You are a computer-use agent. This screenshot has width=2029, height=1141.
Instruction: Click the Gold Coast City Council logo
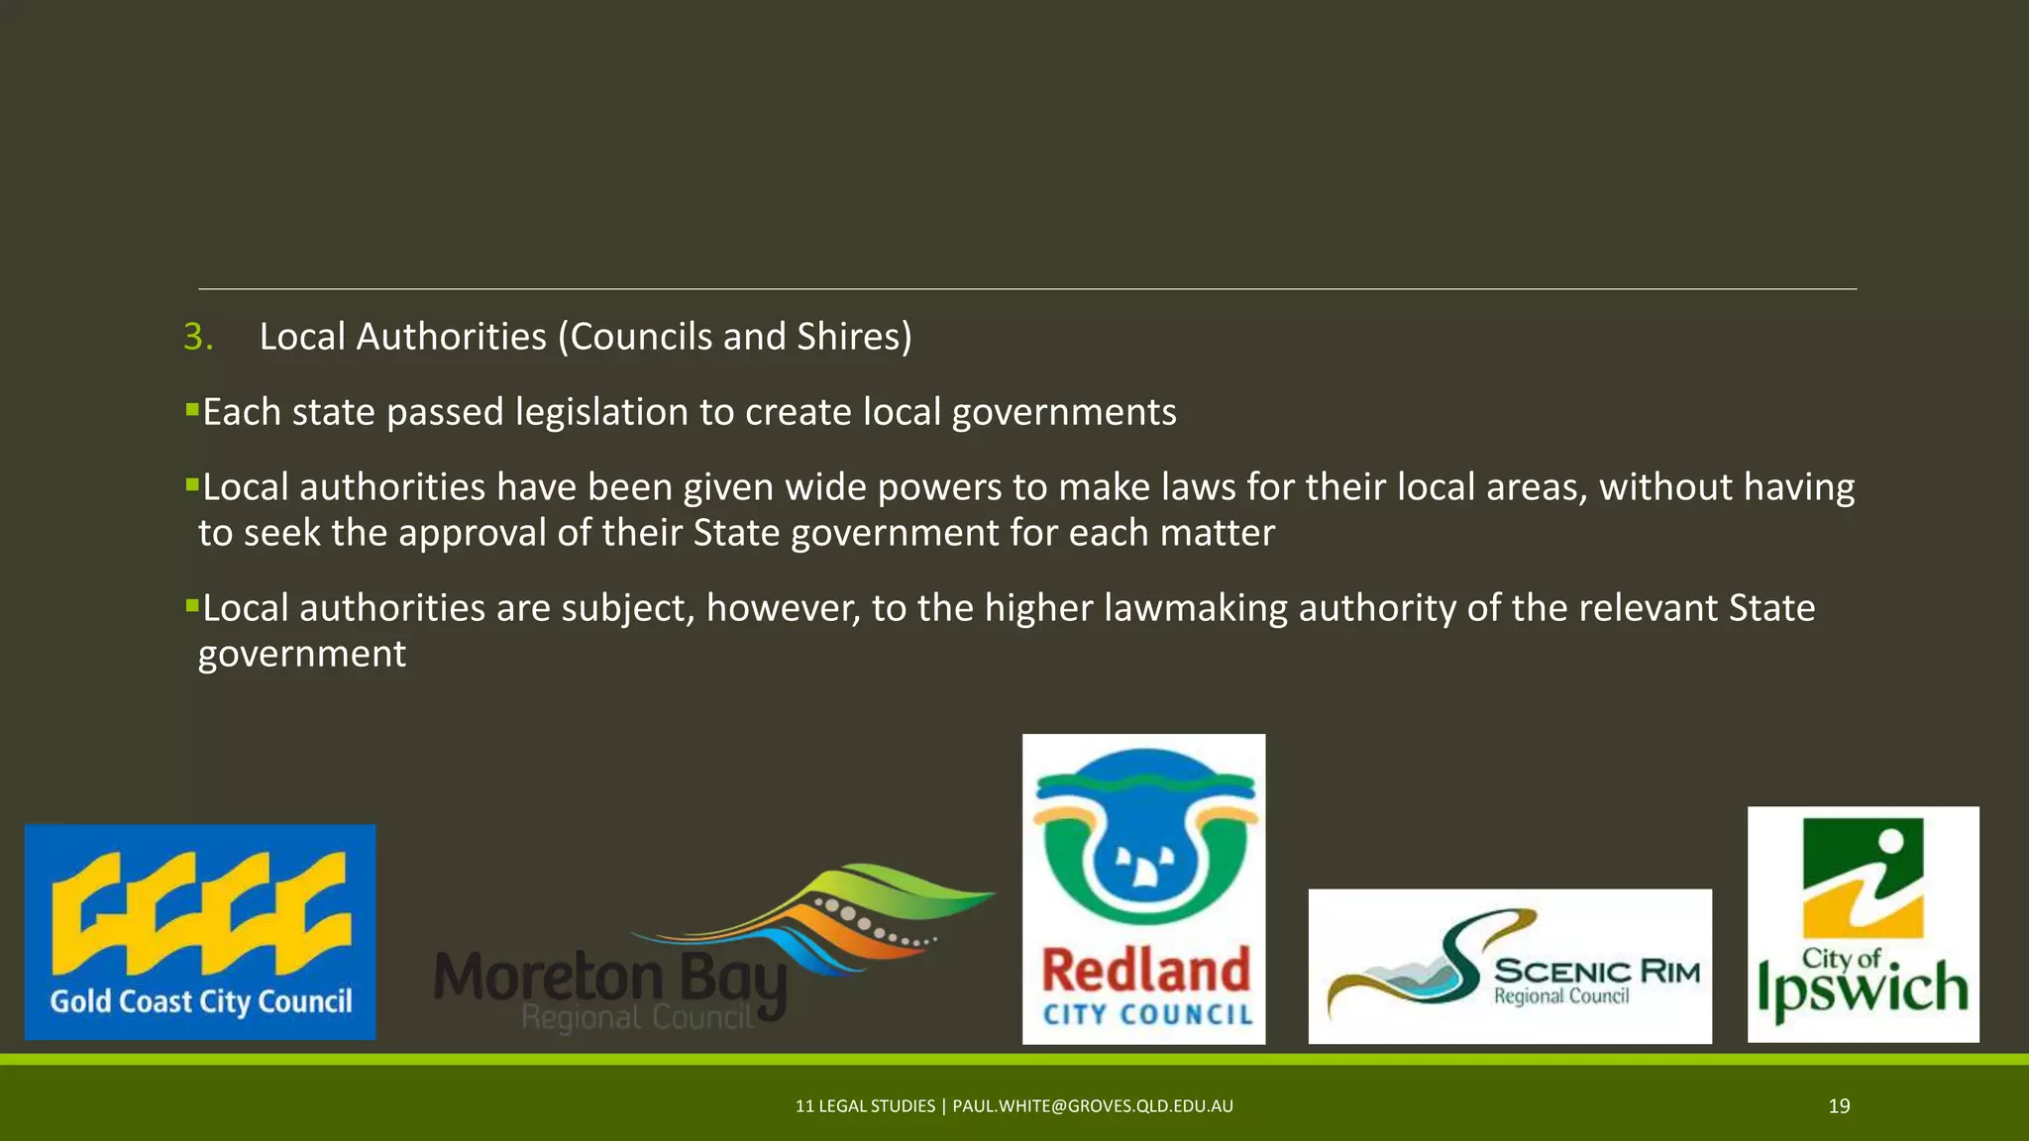point(200,932)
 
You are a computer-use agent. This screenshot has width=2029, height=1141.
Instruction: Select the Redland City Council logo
point(1143,888)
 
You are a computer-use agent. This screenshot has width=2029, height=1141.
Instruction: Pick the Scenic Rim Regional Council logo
point(1510,966)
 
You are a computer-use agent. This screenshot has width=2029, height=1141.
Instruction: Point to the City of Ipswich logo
point(1863,924)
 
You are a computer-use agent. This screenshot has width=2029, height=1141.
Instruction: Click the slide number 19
point(1839,1106)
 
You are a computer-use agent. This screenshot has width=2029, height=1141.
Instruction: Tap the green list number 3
point(197,337)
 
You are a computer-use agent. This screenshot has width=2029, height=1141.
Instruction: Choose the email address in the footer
point(1093,1106)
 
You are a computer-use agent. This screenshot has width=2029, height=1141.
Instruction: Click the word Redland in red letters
point(1146,970)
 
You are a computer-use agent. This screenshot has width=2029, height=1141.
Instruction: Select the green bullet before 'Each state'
point(192,408)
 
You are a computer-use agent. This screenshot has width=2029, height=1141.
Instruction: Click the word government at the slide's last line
point(302,655)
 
